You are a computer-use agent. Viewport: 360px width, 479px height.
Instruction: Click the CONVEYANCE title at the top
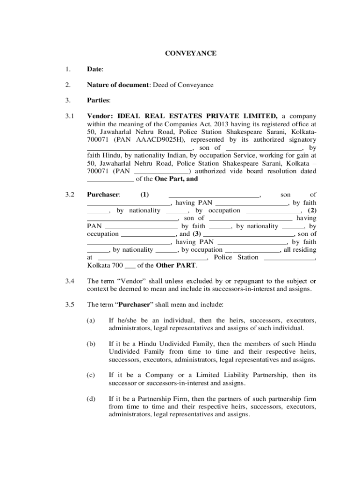[x=190, y=53]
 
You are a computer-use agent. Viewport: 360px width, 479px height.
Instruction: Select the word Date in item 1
[x=94, y=69]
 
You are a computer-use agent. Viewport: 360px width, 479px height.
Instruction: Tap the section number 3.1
[x=70, y=116]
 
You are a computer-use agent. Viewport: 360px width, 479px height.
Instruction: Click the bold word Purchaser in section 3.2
[x=103, y=194]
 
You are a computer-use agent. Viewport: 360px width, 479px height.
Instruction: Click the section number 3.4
[x=70, y=281]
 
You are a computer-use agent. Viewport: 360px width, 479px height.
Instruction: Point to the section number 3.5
[x=70, y=305]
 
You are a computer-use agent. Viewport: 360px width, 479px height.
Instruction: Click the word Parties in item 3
[x=98, y=100]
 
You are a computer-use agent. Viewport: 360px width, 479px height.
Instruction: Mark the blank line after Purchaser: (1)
[x=214, y=194]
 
